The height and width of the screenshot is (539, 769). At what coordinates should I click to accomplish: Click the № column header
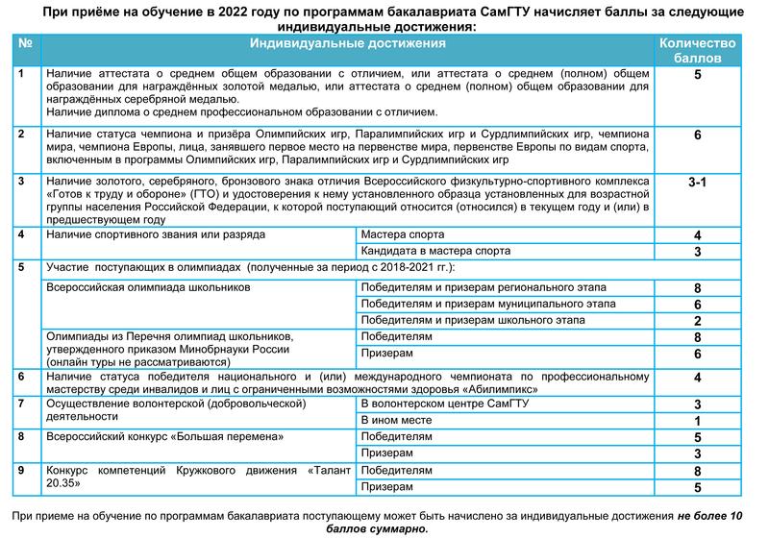[26, 44]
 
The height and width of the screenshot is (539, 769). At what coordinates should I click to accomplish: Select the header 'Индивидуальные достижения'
[348, 44]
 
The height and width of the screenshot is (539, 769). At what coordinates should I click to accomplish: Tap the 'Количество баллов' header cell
[697, 51]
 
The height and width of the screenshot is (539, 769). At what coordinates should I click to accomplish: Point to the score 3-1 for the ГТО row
[698, 182]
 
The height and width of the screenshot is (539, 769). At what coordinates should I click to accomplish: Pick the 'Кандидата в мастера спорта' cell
[435, 251]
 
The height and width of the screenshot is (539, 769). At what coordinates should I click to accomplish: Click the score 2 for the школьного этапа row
[698, 321]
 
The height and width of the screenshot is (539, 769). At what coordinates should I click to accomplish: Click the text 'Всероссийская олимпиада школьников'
[148, 286]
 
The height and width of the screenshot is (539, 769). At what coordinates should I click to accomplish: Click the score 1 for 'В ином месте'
[698, 421]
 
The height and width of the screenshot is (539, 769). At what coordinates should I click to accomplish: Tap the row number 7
[22, 404]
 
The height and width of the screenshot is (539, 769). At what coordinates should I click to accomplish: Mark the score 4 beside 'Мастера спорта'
[698, 235]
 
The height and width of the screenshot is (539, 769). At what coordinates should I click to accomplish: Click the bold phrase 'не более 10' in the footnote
[709, 516]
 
